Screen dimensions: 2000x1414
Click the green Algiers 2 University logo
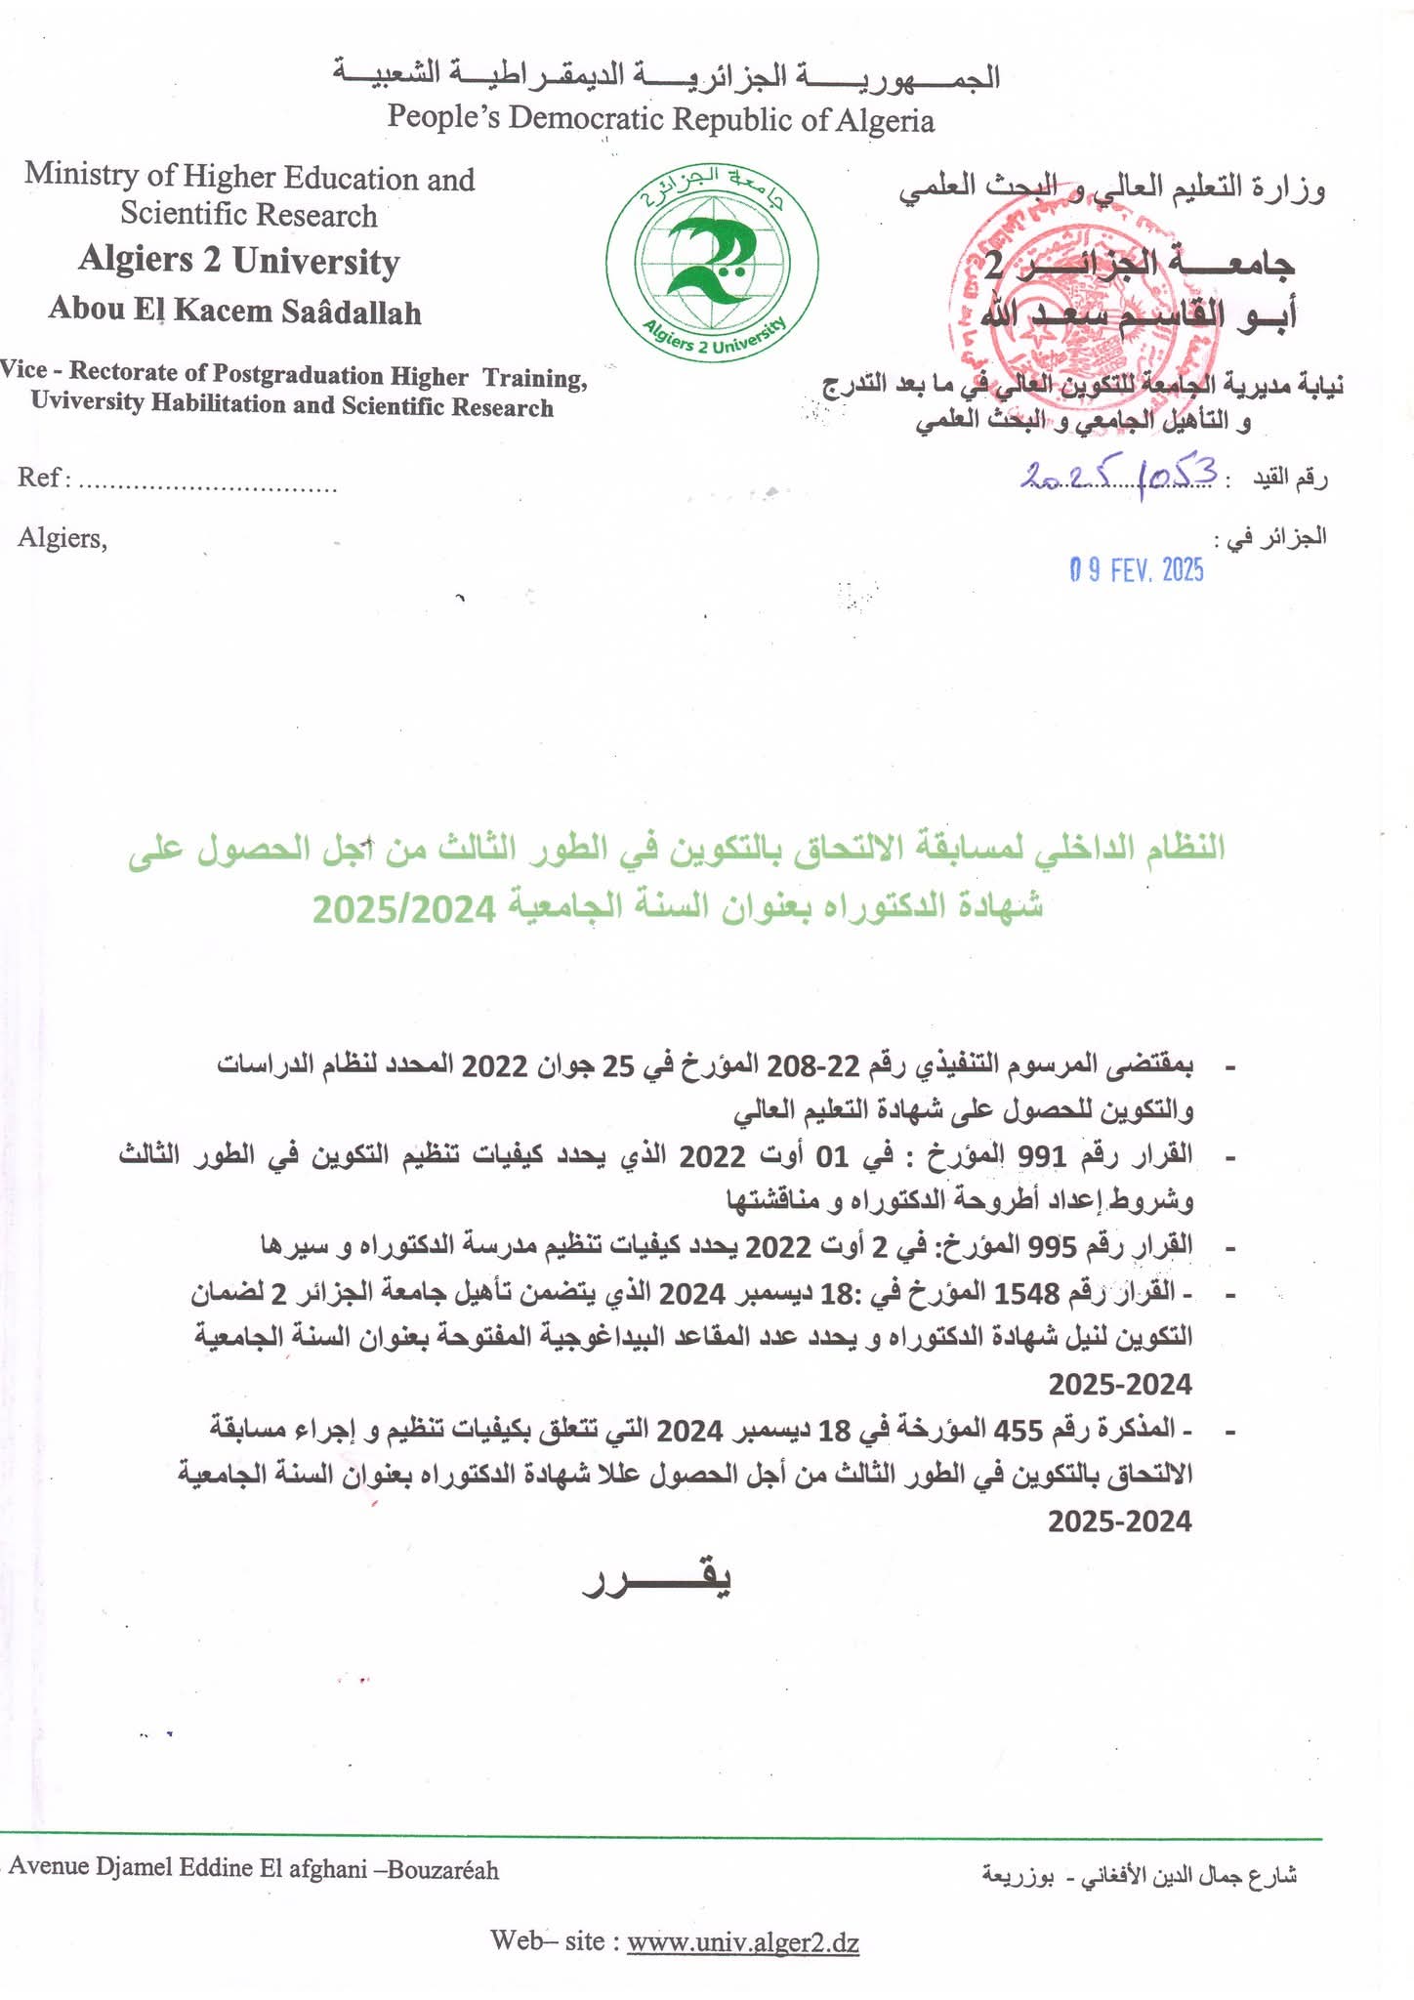pyautogui.click(x=712, y=260)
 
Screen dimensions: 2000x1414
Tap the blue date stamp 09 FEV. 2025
pyautogui.click(x=1137, y=570)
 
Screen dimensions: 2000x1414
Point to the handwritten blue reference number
pyautogui.click(x=1119, y=476)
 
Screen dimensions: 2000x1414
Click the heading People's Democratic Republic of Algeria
pyautogui.click(x=660, y=119)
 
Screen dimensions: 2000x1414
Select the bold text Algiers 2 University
pyautogui.click(x=238, y=261)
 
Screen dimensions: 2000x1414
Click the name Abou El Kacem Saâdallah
pyautogui.click(x=235, y=311)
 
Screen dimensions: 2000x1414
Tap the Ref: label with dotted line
pyautogui.click(x=177, y=479)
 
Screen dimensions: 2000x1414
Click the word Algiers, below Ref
pyautogui.click(x=62, y=538)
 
